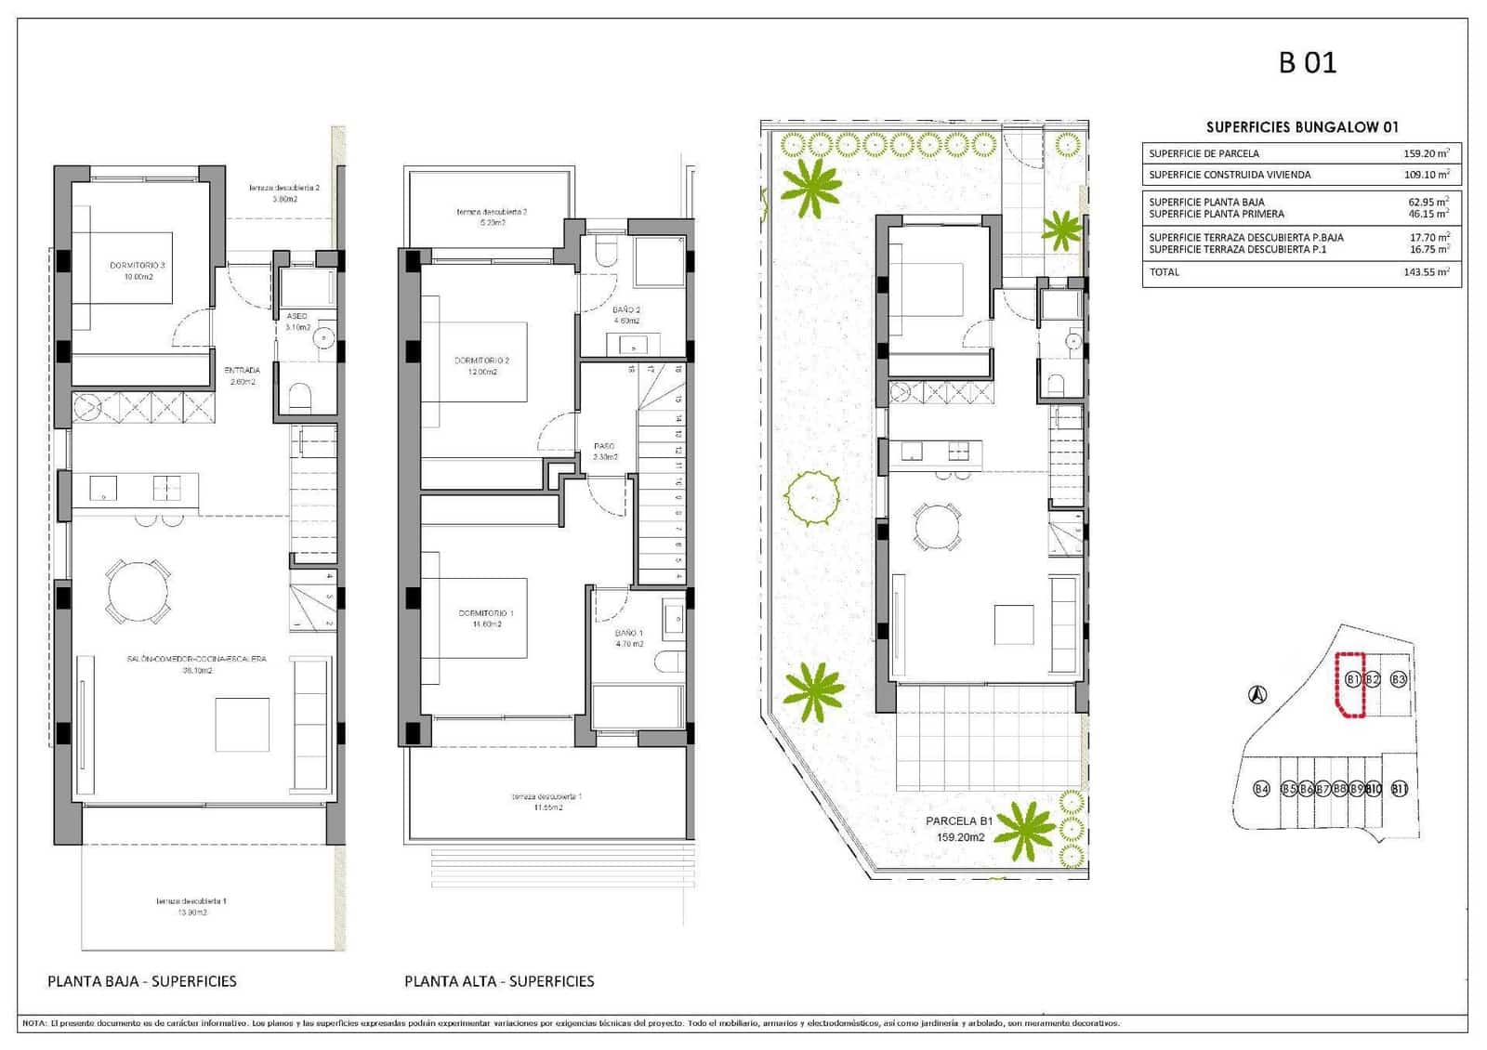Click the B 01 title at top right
coord(1307,62)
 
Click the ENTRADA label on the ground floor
coord(242,371)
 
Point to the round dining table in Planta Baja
coord(138,591)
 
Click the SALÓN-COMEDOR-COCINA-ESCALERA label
coord(196,659)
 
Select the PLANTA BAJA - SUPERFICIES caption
coord(142,981)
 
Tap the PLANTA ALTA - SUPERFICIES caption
coord(499,981)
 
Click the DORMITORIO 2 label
coord(481,361)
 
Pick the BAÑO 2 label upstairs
coord(625,310)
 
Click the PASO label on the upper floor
coord(604,446)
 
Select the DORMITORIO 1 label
coord(485,613)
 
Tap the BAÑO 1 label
coord(628,634)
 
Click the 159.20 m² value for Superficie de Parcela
coord(1426,153)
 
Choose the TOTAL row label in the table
coord(1164,272)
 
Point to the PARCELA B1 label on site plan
coord(959,821)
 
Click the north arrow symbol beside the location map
coord(1257,693)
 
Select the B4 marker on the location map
coord(1261,789)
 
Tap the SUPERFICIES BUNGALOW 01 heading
coord(1301,127)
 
